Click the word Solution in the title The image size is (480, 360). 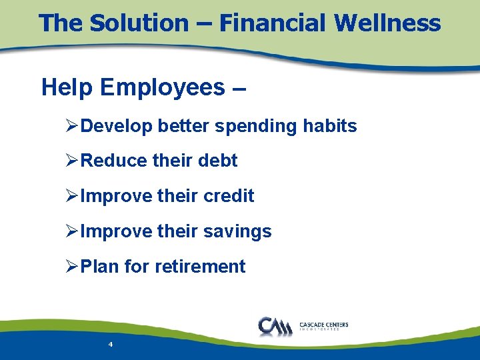click(x=139, y=23)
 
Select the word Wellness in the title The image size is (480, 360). click(x=387, y=23)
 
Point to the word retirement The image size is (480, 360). click(x=200, y=267)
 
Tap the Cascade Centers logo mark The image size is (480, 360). click(x=273, y=326)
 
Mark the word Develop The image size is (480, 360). click(x=116, y=127)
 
